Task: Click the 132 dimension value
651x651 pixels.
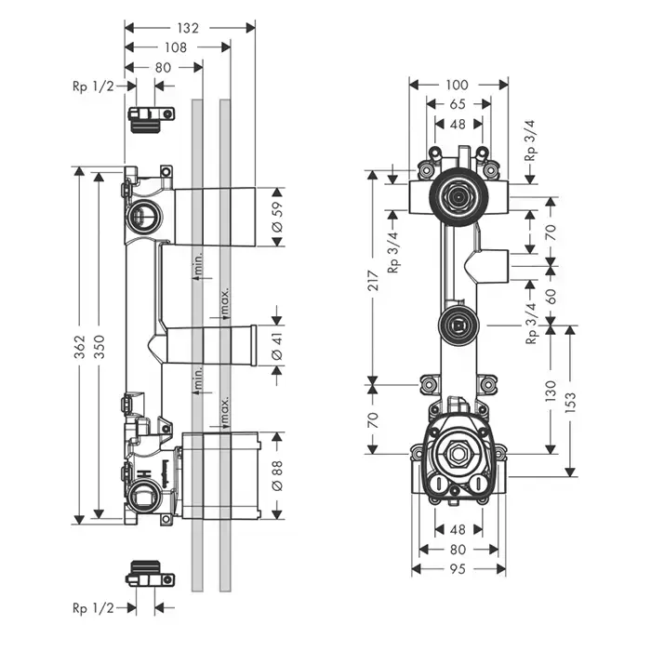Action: tap(189, 28)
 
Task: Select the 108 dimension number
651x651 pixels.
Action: tap(178, 46)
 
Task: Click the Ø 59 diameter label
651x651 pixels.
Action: tap(276, 216)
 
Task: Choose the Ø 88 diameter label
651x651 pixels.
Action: tap(276, 474)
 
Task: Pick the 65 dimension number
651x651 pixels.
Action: tap(458, 104)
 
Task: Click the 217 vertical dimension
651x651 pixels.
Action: tap(372, 278)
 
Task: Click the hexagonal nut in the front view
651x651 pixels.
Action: tap(458, 455)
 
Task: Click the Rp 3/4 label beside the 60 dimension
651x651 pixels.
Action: tap(531, 324)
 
